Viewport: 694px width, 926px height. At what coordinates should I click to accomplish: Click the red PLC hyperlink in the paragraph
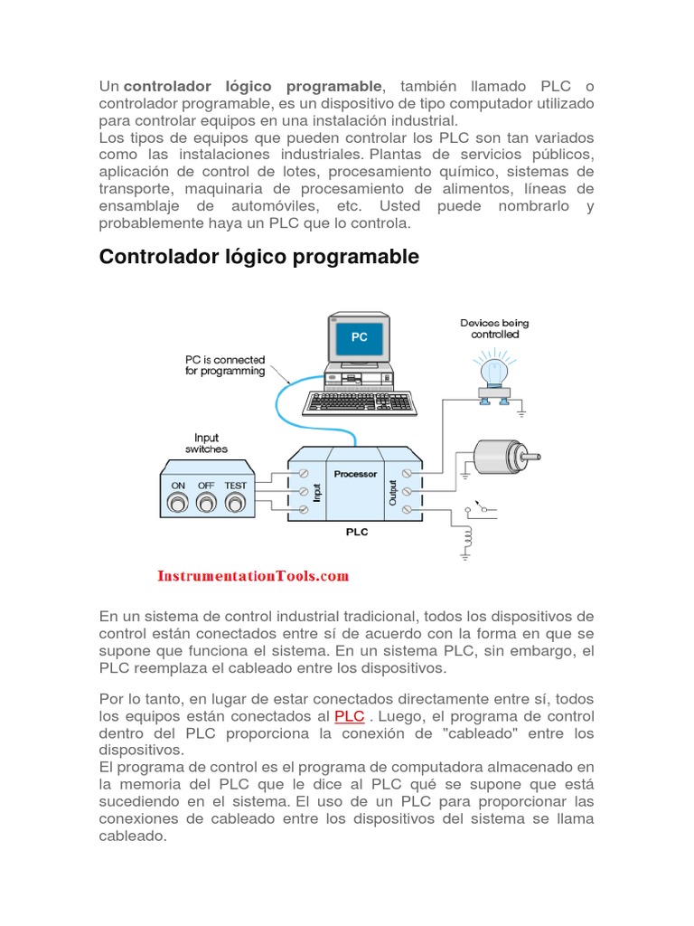(x=349, y=716)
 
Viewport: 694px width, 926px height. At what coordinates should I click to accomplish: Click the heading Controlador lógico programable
(x=258, y=257)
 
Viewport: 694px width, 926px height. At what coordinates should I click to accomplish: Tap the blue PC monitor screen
(x=359, y=337)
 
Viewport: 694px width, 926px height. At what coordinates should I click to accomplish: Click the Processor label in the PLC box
(x=355, y=473)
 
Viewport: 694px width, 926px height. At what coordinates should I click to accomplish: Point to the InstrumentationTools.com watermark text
(x=253, y=575)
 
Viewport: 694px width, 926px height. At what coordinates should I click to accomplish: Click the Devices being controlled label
(x=494, y=328)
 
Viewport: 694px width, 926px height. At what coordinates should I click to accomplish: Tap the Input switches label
(x=207, y=443)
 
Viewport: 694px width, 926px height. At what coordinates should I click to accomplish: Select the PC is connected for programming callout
(x=226, y=365)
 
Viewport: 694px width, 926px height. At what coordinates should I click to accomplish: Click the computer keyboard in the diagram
(x=359, y=402)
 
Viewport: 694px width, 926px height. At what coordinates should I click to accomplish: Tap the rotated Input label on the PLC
(x=316, y=492)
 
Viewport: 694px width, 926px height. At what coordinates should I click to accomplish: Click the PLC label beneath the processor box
(x=357, y=532)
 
